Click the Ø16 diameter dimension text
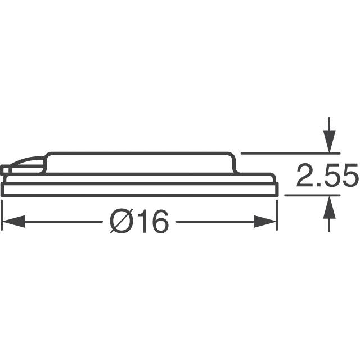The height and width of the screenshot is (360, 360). click(x=139, y=222)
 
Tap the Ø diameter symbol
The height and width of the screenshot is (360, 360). click(x=120, y=223)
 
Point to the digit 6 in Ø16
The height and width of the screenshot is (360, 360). click(x=158, y=223)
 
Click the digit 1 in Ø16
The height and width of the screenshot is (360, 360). click(x=141, y=223)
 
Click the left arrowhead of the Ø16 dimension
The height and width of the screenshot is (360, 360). click(x=12, y=222)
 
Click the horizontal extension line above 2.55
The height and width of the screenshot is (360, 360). click(x=287, y=153)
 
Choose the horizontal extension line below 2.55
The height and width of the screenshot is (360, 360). click(x=309, y=195)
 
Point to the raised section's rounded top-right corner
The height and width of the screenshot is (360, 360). click(x=232, y=156)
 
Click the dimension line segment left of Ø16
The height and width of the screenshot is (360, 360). click(x=62, y=222)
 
